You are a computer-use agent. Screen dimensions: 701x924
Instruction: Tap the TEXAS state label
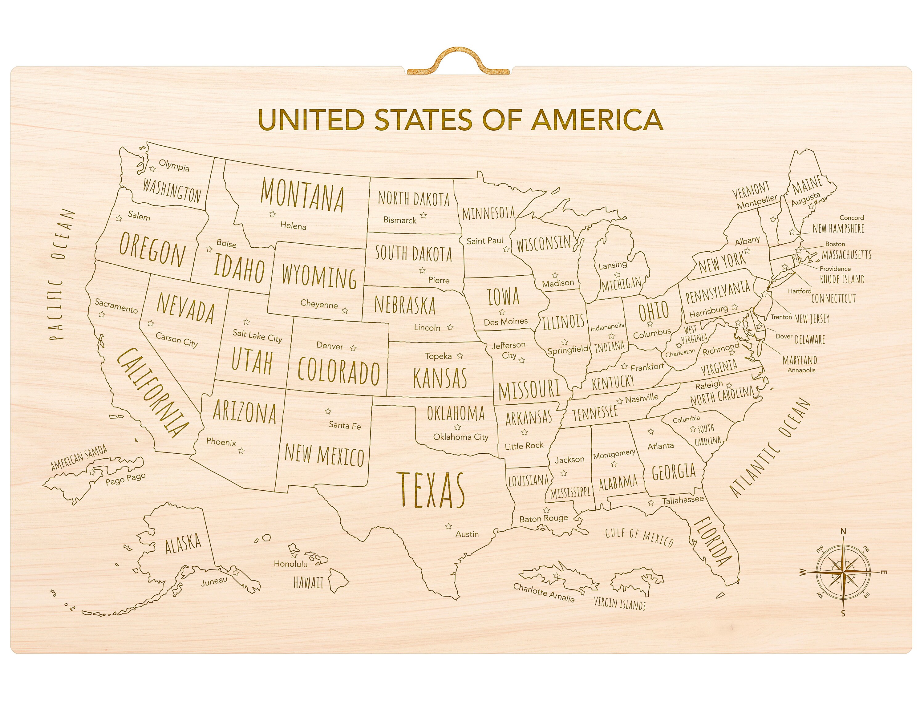coord(431,490)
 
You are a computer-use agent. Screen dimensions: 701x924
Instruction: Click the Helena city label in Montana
coord(293,226)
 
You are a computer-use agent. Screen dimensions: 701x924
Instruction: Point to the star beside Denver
coord(353,348)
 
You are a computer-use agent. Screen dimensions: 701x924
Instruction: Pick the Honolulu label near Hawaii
coord(291,564)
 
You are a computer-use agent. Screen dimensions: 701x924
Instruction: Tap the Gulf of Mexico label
coord(639,538)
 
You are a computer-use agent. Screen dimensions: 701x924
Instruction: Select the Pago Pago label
coord(125,479)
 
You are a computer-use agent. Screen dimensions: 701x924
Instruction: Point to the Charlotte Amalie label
coord(544,592)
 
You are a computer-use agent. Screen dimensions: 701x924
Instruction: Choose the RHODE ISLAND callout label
coord(842,279)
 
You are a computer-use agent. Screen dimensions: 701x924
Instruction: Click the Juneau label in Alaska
coord(214,581)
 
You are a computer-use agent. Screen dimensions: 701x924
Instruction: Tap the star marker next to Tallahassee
coord(651,503)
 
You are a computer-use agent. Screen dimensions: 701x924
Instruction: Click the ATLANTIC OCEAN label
coord(770,448)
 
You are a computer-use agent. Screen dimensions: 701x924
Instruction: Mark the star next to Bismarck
coord(423,216)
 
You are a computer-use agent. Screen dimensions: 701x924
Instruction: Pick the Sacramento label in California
coord(116,306)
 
